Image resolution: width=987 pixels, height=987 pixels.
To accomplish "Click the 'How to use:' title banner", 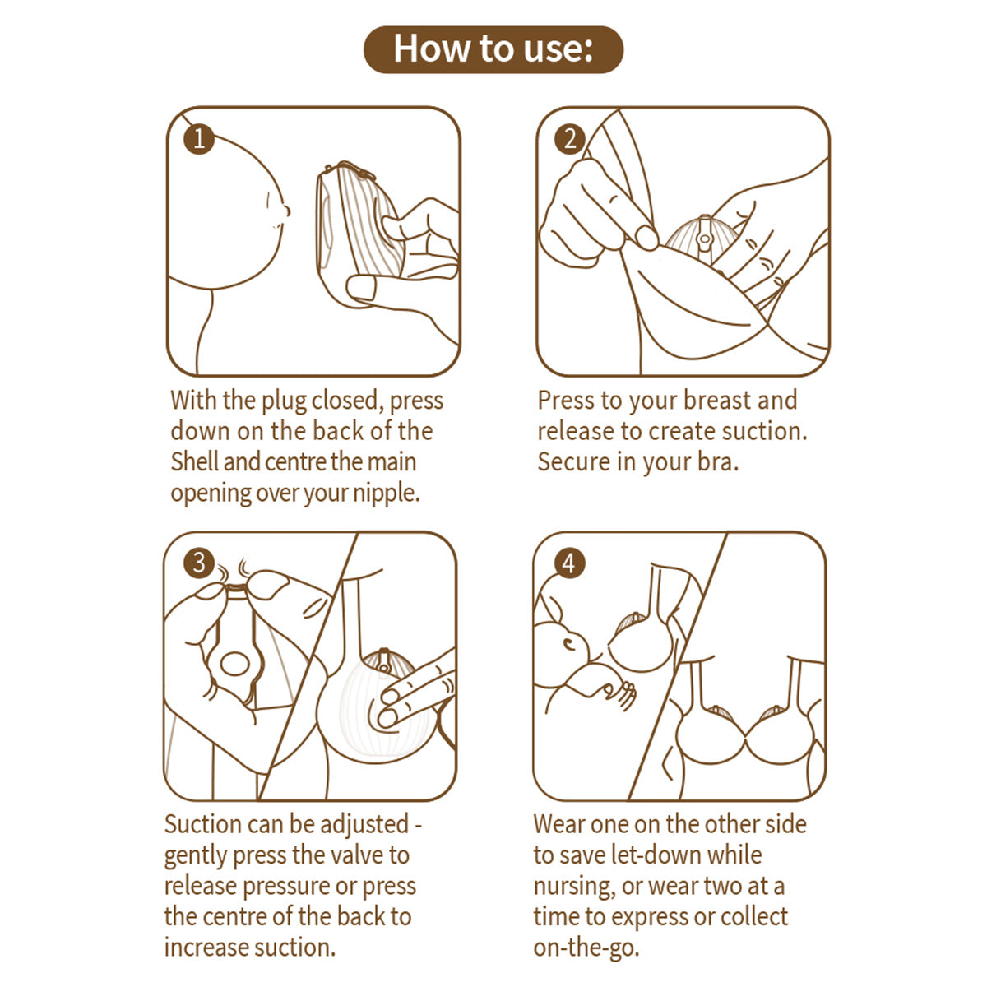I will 493,49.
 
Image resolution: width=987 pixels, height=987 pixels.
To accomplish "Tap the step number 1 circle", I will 198,138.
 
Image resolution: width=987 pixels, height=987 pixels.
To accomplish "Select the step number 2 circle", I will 570,139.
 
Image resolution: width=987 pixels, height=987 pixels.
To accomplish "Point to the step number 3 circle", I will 198,563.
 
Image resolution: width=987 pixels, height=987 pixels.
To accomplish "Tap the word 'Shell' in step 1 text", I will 194,461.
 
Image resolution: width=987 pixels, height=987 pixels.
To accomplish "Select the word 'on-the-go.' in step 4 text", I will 586,948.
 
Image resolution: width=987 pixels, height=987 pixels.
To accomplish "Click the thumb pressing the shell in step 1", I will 367,288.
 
